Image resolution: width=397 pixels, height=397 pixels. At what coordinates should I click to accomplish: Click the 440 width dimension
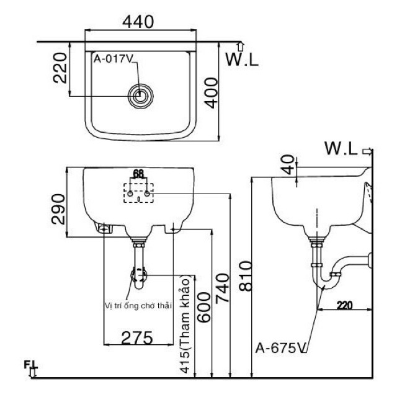click(138, 22)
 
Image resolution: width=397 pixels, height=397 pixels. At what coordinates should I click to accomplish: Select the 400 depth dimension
click(211, 93)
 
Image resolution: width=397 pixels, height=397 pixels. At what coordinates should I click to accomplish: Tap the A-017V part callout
click(114, 59)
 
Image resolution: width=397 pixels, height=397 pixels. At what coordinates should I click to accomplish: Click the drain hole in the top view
click(141, 96)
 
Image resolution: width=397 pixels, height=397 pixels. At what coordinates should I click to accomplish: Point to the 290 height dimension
click(58, 209)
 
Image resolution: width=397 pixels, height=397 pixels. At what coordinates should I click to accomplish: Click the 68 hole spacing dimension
click(138, 174)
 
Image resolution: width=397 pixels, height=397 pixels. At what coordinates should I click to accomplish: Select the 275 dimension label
click(137, 337)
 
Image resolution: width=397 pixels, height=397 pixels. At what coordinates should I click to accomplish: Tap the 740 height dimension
click(222, 288)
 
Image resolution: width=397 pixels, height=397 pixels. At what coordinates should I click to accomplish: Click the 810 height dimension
click(246, 276)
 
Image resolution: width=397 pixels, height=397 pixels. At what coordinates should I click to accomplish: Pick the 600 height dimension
click(204, 307)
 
